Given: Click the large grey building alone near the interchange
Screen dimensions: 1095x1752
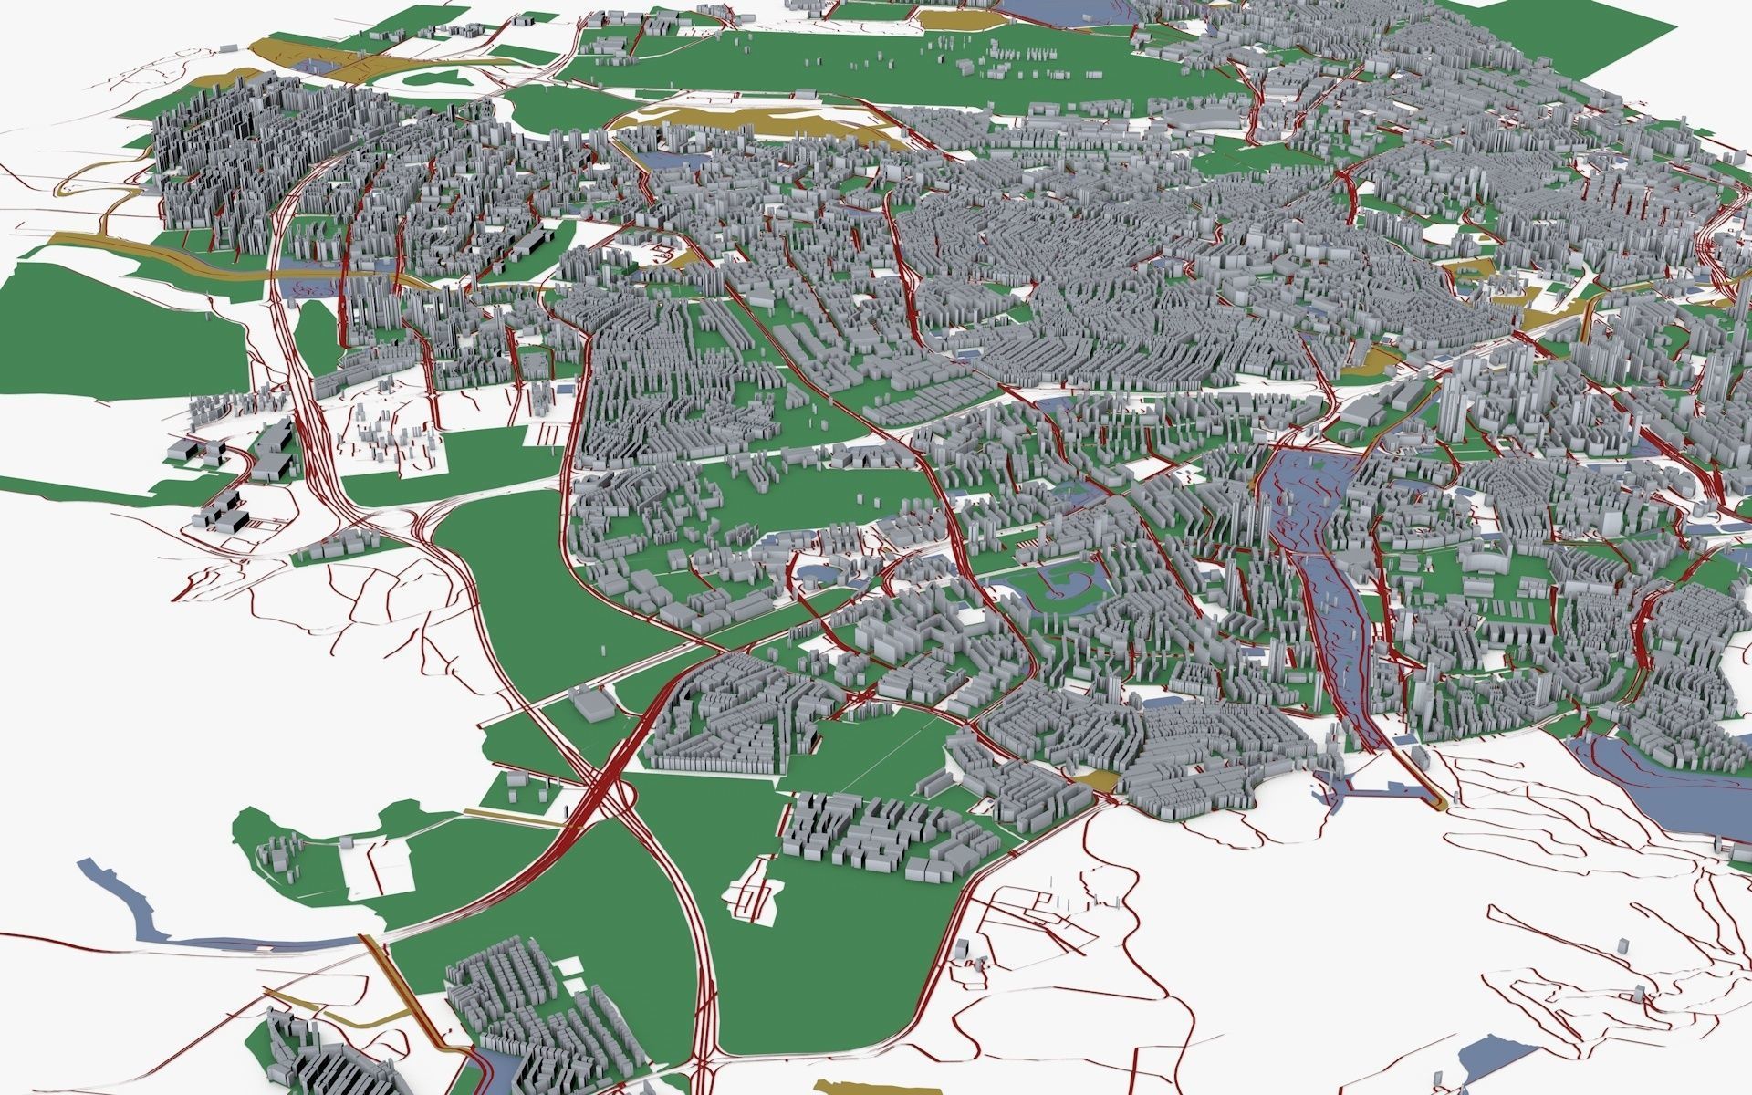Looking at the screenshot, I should click(x=591, y=704).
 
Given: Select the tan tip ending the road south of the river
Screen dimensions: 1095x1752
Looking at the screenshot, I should click(x=1437, y=803).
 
